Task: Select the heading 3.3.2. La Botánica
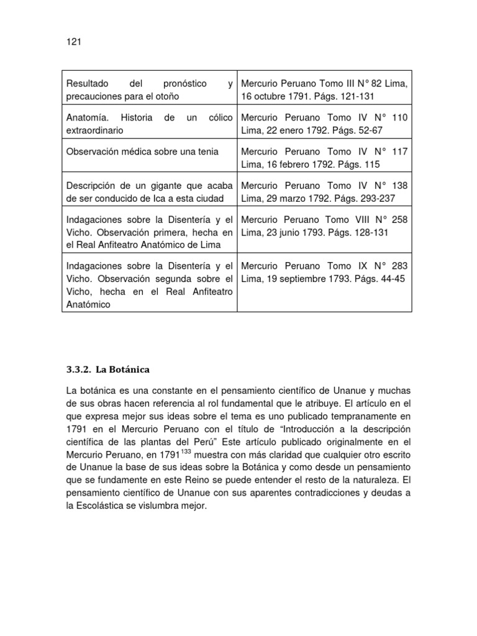tap(108, 370)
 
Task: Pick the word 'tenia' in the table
tap(207, 152)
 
